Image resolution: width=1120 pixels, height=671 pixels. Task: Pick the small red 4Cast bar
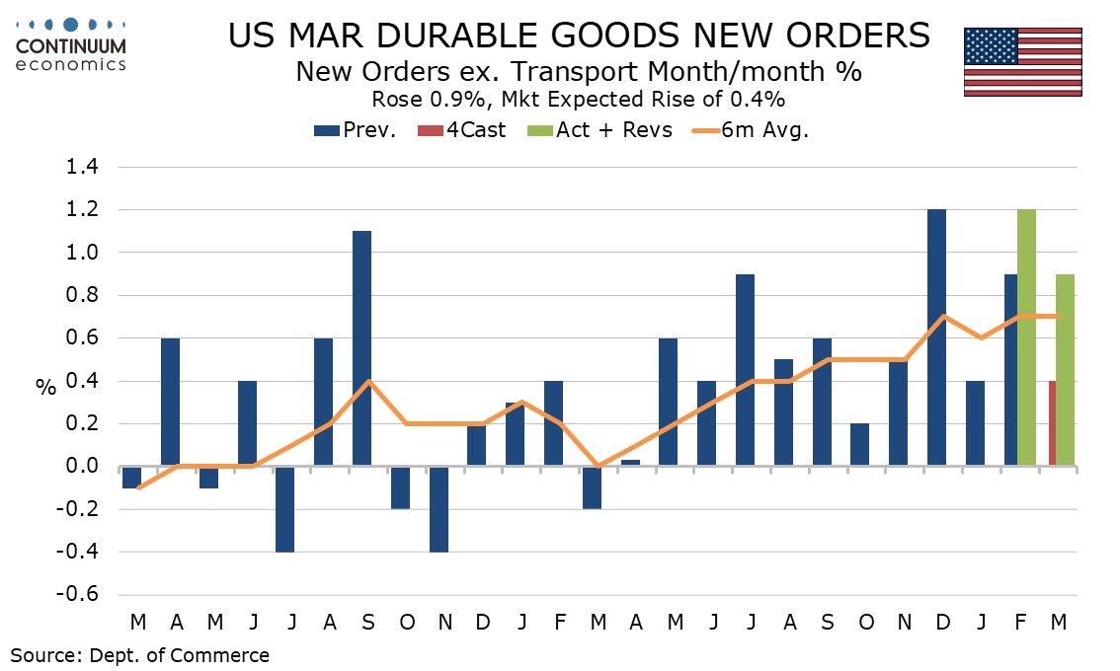coord(1052,423)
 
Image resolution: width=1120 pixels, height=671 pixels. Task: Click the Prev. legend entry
coord(355,130)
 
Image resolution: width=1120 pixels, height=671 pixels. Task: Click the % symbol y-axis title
coord(45,388)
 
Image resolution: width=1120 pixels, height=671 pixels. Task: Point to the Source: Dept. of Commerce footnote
coord(139,654)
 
